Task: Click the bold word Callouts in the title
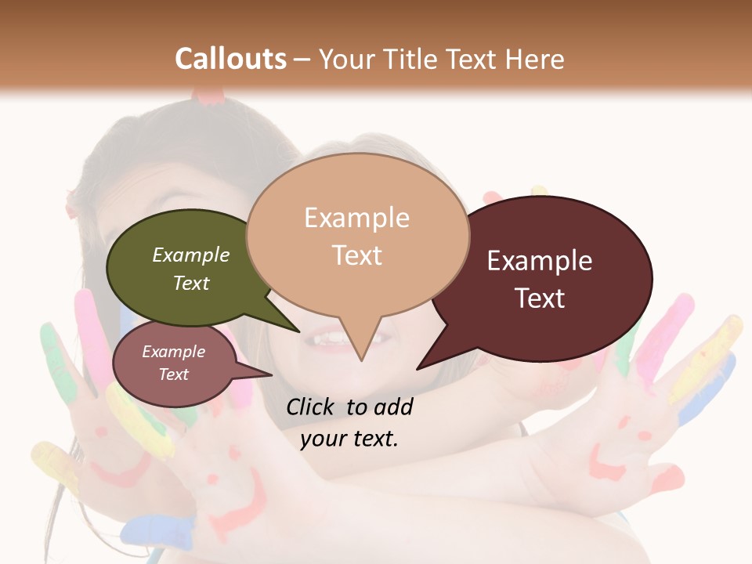(230, 59)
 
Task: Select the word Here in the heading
(534, 59)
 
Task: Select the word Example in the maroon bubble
(539, 261)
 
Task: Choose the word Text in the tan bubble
(357, 255)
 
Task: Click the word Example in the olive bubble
(190, 255)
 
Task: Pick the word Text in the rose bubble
(173, 374)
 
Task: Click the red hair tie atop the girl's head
(210, 97)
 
